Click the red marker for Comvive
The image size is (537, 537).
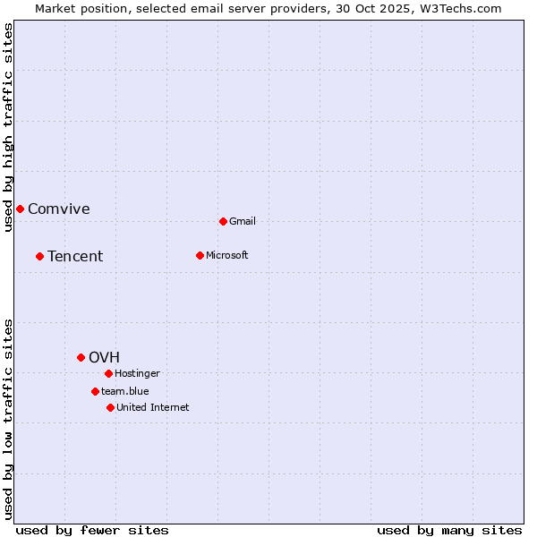20,209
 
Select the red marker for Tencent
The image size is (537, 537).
39,256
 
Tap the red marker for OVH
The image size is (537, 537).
81,357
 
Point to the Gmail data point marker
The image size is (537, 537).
223,221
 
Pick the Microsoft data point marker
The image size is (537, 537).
200,255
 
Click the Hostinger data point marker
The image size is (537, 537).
108,373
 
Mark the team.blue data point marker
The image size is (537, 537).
95,391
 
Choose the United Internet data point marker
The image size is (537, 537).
110,407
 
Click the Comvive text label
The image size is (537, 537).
59,209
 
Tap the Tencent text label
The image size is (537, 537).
75,257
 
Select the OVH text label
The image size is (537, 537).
104,358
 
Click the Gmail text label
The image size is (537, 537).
243,221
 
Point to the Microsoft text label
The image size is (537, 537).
227,255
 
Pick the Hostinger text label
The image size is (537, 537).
138,373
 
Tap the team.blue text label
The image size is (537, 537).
125,391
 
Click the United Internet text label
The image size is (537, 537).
153,407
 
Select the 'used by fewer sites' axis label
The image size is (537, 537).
92,530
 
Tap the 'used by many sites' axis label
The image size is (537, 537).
449,530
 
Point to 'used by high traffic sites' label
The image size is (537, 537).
8,127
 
